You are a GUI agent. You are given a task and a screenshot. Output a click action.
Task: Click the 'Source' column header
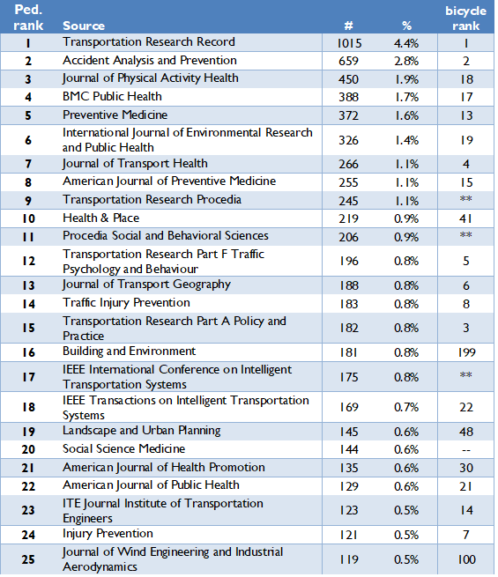tap(84, 26)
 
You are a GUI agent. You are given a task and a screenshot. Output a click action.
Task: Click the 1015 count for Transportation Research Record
tap(350, 42)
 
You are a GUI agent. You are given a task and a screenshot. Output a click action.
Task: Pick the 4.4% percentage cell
tap(406, 42)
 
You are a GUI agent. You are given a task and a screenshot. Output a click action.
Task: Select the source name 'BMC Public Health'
tap(112, 97)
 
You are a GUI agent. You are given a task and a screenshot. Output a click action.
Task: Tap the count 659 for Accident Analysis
tap(350, 61)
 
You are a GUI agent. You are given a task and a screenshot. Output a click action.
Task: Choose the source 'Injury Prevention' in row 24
tap(108, 534)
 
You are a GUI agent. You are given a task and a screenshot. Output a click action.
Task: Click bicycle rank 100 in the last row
tap(466, 559)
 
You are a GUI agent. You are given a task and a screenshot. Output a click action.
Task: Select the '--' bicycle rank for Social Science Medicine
tap(466, 449)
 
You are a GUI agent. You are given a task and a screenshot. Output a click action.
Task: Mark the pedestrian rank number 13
tap(28, 285)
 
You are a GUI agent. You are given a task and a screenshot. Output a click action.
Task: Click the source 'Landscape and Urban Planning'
tap(141, 431)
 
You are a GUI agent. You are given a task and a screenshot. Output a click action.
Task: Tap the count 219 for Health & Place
tap(350, 218)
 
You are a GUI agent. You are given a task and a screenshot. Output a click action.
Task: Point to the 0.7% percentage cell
tap(406, 408)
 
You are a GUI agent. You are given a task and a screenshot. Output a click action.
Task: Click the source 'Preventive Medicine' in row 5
tap(115, 115)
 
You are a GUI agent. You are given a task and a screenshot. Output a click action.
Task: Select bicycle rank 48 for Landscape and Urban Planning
tap(466, 432)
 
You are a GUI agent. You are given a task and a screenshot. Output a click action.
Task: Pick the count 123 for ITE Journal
tap(350, 510)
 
